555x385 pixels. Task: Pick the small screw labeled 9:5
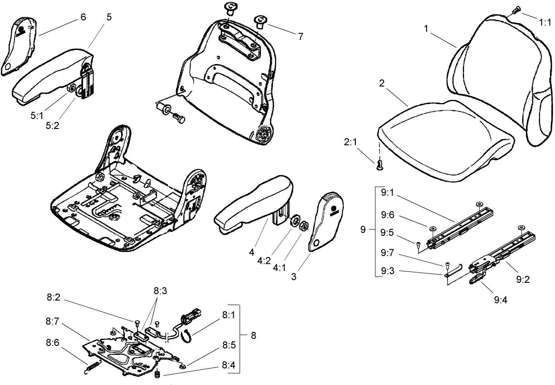click(x=417, y=246)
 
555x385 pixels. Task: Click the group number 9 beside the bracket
click(x=363, y=231)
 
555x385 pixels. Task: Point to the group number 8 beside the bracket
click(x=253, y=336)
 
